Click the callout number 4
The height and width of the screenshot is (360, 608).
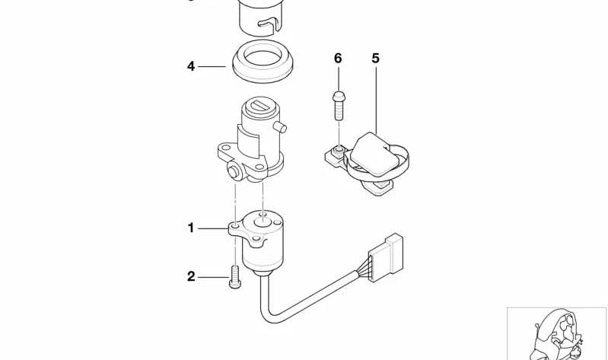[191, 66]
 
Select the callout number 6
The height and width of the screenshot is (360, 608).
[338, 58]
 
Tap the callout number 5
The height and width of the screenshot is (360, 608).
[375, 58]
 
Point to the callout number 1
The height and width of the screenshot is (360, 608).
[191, 228]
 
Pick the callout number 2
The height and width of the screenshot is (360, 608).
[191, 276]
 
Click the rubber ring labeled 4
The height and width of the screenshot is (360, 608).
[263, 61]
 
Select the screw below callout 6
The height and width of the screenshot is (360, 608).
[339, 106]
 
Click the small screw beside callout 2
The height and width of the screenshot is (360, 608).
[235, 276]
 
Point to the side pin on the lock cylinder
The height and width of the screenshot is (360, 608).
[280, 126]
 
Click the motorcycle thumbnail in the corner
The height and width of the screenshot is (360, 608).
[557, 333]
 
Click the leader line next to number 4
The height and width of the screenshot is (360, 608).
[212, 67]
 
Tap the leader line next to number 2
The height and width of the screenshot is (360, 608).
[214, 277]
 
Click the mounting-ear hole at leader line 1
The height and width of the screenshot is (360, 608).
[234, 225]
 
